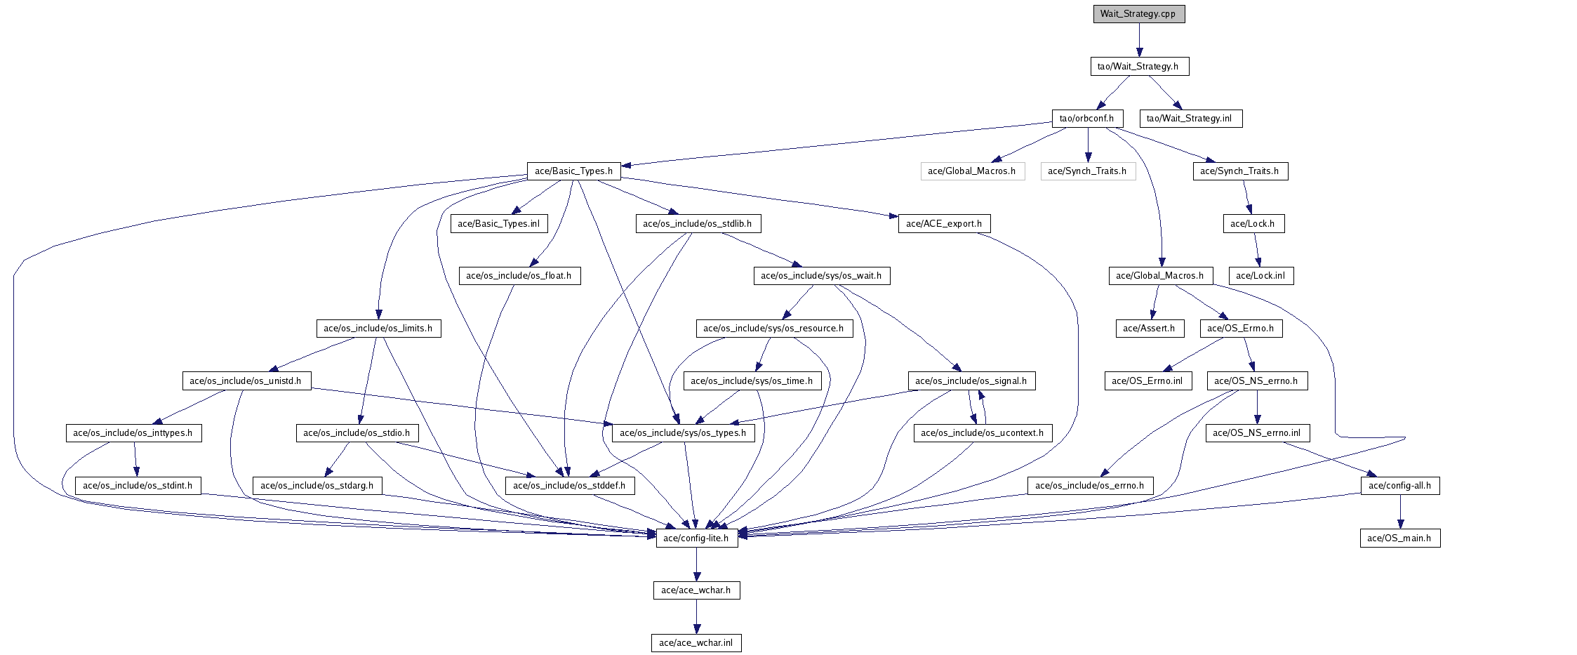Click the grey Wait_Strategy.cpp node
pos(1138,14)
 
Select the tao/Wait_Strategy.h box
pos(1138,67)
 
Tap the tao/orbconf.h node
pos(1087,119)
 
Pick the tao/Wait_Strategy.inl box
pos(1190,119)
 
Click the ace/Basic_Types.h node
pos(573,171)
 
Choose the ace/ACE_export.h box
pos(944,224)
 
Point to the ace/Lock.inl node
pos(1260,276)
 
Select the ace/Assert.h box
pos(1149,329)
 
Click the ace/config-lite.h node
pos(696,538)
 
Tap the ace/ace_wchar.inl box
pos(696,643)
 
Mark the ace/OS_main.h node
pos(1399,538)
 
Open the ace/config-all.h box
pos(1399,486)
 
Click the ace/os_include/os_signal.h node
pos(971,381)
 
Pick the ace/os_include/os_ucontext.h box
pos(983,433)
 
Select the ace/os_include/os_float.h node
pos(519,276)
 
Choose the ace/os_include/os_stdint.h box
pos(138,486)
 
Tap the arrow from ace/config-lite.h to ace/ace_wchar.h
pos(696,564)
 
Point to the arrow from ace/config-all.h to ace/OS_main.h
pos(1399,512)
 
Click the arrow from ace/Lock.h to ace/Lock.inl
pos(1256,250)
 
